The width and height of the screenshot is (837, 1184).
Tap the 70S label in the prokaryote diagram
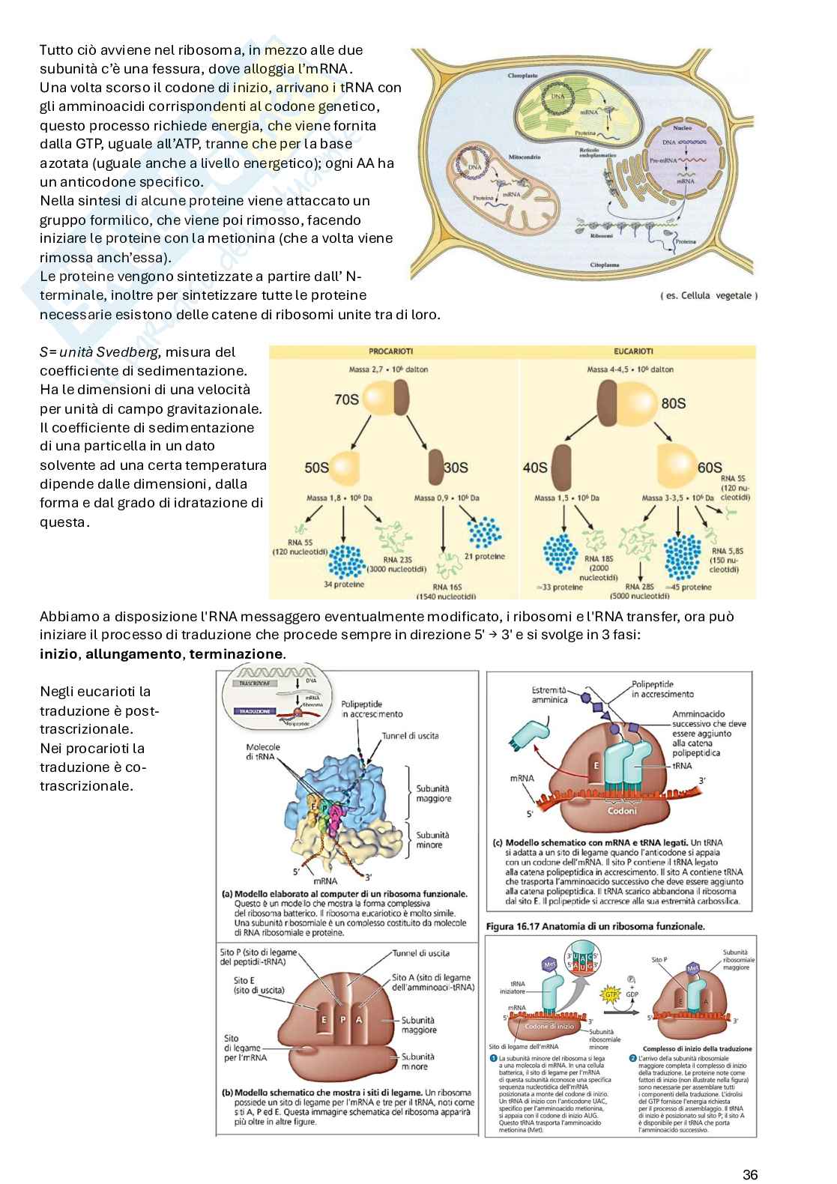[346, 399]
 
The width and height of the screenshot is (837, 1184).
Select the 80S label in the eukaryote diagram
[673, 403]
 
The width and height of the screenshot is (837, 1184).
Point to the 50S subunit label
[316, 468]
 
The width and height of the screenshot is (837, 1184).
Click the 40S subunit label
[535, 468]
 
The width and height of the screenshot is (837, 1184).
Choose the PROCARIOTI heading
[390, 351]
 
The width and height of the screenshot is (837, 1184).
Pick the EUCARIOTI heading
[633, 351]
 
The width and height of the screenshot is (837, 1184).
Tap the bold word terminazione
[236, 653]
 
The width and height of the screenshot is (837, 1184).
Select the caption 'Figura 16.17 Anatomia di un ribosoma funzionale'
[596, 926]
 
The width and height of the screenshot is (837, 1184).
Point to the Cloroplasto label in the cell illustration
[522, 76]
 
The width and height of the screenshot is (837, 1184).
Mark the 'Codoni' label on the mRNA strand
[623, 811]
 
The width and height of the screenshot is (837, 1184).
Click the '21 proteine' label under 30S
[484, 556]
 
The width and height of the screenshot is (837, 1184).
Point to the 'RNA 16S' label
[447, 588]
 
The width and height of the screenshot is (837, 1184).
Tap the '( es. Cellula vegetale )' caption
[709, 295]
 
